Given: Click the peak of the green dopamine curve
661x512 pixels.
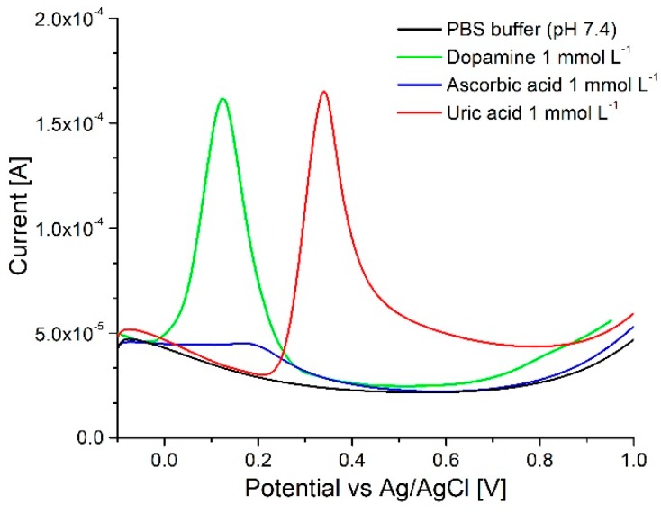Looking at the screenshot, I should [222, 99].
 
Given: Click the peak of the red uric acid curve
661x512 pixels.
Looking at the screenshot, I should [323, 92].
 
